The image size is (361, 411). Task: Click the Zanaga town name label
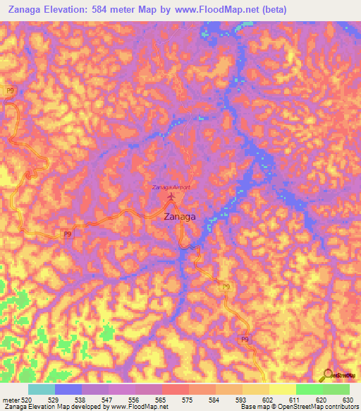point(180,218)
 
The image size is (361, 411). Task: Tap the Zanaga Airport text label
point(172,187)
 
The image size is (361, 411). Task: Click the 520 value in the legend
point(25,400)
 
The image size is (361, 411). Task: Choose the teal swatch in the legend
point(42,389)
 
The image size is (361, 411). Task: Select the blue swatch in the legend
point(68,389)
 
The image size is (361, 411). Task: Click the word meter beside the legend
point(9,400)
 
